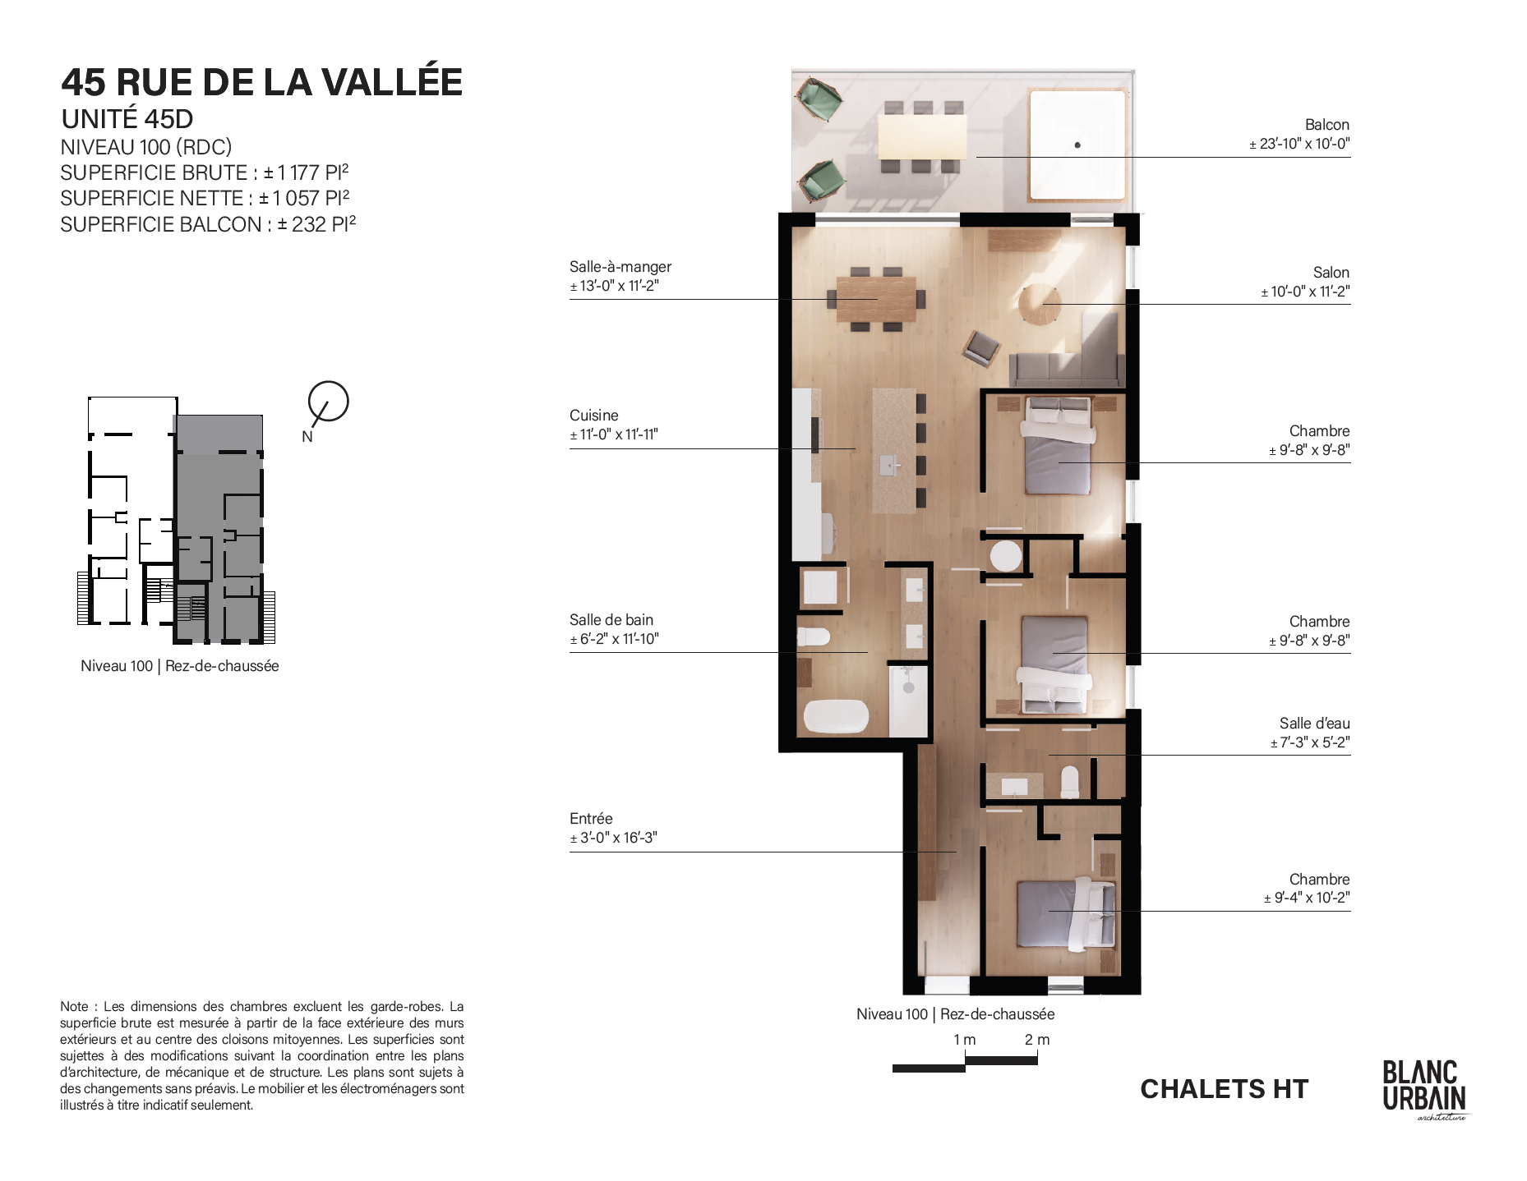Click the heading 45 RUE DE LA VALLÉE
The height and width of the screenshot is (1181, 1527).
pos(262,81)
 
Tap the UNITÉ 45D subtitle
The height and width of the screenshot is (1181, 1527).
pos(127,119)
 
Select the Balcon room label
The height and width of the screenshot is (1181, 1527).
pos(1326,125)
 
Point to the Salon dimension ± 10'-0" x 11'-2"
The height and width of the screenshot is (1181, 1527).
pos(1305,292)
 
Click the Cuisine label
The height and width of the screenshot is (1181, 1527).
pos(593,416)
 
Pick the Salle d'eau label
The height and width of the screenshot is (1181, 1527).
pos(1314,724)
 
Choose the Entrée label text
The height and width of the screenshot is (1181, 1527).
pos(591,819)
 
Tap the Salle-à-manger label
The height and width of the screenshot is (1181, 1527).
pos(620,267)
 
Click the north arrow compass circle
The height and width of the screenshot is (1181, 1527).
pos(329,402)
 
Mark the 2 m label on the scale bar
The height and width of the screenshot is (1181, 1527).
pos(1037,1040)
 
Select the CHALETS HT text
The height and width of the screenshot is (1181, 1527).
pos(1224,1089)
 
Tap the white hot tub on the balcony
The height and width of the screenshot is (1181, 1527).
pos(1077,145)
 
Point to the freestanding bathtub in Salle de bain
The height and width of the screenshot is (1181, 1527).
pos(835,716)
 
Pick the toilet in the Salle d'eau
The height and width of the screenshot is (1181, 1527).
pos(1070,781)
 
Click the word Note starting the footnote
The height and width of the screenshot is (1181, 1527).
pos(74,1007)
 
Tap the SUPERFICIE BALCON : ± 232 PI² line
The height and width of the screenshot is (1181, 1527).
pos(208,224)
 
